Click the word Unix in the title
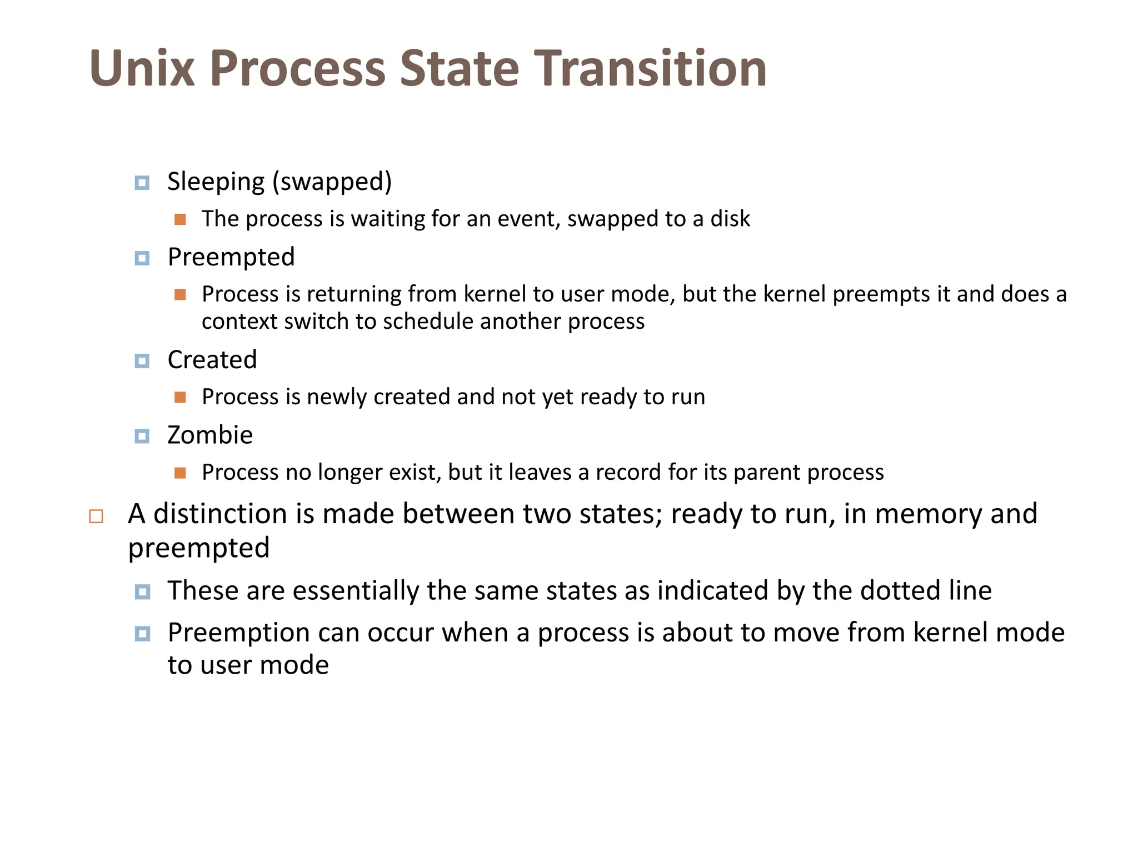[x=142, y=69]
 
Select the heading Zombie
[x=210, y=435]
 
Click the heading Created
[x=212, y=360]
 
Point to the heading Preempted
[x=231, y=257]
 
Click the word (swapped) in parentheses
[x=332, y=182]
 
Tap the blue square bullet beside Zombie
[x=142, y=436]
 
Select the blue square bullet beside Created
[x=142, y=361]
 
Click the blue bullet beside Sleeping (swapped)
[x=142, y=183]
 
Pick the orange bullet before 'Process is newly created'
[x=180, y=397]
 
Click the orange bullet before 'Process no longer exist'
[x=180, y=473]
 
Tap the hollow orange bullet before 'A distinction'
[x=96, y=516]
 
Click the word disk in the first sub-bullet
[x=730, y=219]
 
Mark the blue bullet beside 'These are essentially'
[x=142, y=591]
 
